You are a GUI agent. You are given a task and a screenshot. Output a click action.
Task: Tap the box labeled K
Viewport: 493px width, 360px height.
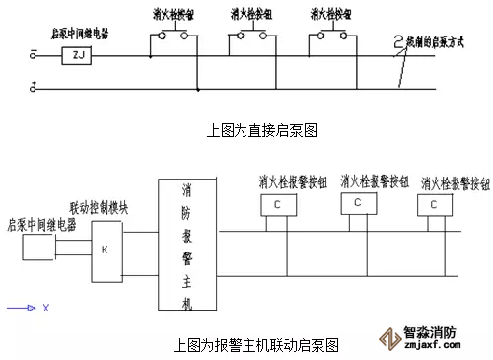[106, 249]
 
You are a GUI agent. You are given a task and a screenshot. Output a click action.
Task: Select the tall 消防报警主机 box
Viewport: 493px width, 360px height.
[187, 247]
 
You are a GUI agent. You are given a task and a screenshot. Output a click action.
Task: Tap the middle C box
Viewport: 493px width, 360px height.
[358, 202]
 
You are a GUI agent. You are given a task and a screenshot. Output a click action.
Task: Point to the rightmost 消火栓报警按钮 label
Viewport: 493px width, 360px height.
[456, 183]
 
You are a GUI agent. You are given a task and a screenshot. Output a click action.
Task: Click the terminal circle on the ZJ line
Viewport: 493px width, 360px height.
[34, 57]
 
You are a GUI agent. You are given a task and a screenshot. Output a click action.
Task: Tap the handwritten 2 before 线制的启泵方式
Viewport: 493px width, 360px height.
[400, 42]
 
